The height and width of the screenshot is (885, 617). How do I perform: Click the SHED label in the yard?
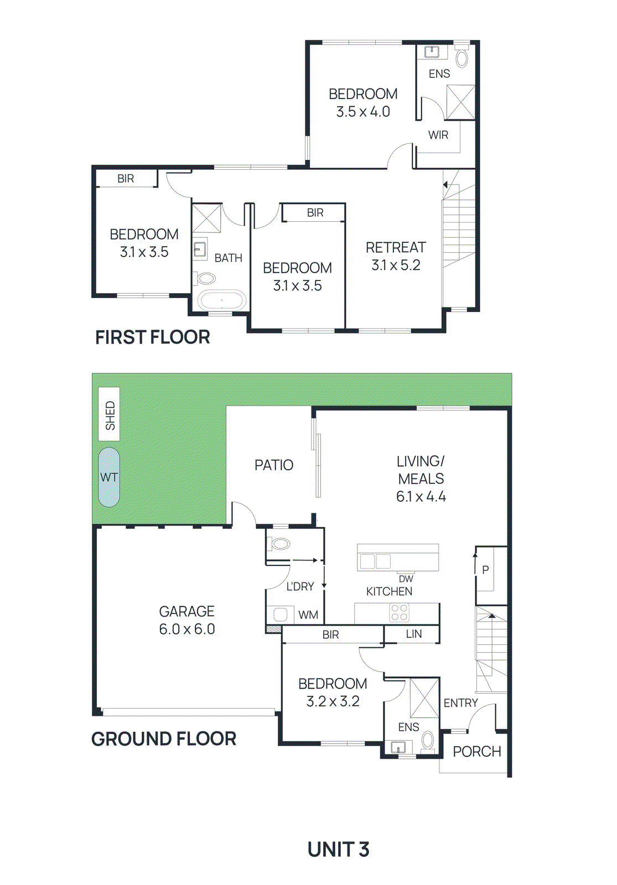point(110,415)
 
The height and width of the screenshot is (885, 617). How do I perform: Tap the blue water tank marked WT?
point(109,477)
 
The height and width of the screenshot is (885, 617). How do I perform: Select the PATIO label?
point(273,465)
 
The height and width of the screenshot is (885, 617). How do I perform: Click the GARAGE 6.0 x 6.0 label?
point(187,620)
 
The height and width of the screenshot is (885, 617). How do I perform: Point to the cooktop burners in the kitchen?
point(399,613)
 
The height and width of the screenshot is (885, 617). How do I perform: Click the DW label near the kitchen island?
point(406,579)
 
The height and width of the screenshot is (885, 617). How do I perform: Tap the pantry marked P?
point(485,570)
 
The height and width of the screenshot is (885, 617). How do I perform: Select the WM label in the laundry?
point(308,615)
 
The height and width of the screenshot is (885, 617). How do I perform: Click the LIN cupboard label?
point(414,634)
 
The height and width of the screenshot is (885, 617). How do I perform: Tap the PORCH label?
point(476,751)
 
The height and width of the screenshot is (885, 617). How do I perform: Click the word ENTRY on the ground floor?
point(460,702)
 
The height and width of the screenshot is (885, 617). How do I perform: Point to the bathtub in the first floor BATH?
point(222,301)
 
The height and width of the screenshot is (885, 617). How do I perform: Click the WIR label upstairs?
point(438,135)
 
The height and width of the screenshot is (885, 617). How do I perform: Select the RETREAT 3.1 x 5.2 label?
point(396,256)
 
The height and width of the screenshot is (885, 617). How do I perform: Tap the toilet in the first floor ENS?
point(462,58)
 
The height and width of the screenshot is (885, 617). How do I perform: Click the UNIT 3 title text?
point(338,849)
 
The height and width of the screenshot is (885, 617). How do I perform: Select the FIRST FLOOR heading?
point(152,337)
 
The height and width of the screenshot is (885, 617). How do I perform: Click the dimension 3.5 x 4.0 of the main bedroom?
point(363,112)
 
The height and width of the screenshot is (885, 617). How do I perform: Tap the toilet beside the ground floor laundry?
point(281,544)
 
